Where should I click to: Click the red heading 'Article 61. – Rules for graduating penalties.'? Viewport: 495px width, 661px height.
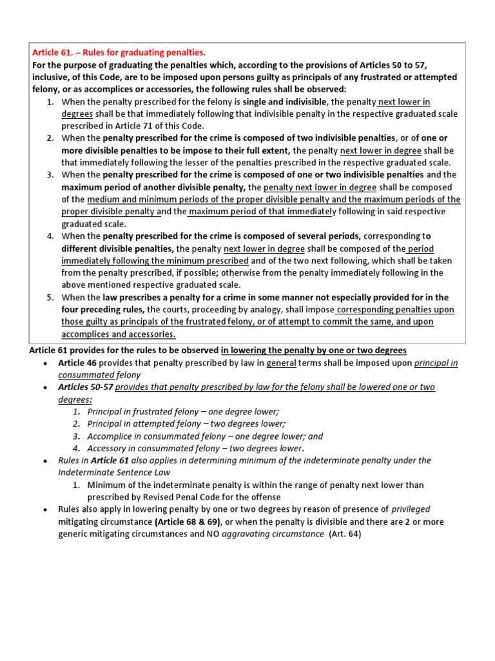click(119, 52)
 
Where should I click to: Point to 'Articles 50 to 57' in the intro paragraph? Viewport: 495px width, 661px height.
click(379, 65)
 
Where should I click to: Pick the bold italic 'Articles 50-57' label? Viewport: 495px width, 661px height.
click(86, 387)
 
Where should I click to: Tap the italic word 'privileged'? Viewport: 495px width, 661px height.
click(411, 509)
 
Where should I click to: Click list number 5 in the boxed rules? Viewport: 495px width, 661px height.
click(50, 298)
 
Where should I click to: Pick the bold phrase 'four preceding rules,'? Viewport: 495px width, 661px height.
click(102, 310)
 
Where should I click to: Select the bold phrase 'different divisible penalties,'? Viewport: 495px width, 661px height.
click(117, 249)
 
